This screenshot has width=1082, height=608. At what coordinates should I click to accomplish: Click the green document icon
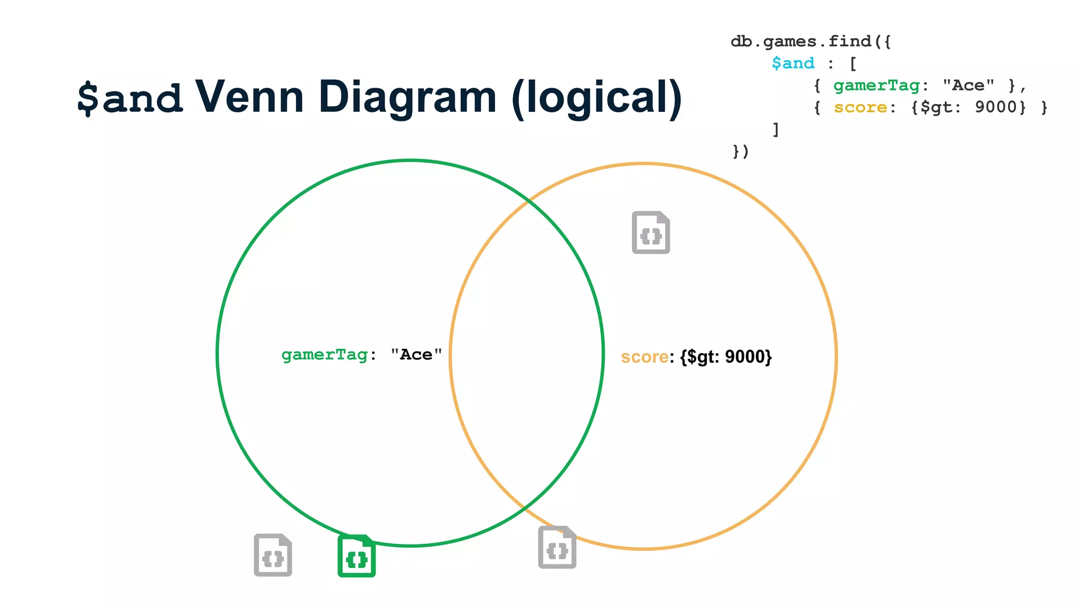[357, 556]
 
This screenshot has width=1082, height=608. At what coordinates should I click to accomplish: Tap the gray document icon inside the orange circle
[651, 233]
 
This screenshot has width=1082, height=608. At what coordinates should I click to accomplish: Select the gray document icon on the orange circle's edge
[557, 547]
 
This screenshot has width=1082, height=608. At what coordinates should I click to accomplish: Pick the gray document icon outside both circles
[273, 555]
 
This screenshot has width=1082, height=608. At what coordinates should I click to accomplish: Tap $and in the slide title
[130, 98]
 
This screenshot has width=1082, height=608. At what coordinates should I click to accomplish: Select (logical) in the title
[596, 98]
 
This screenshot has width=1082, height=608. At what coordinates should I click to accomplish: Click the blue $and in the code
[793, 63]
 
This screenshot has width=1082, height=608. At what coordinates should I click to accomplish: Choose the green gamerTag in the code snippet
[876, 85]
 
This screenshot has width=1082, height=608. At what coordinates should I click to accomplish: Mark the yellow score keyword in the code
[860, 107]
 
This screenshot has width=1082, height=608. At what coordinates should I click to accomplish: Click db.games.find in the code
[800, 41]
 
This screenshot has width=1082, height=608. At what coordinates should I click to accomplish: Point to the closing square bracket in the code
[776, 129]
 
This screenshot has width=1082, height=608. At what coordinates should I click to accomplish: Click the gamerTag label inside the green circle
[324, 355]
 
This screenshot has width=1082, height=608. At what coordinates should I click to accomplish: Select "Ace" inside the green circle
[416, 355]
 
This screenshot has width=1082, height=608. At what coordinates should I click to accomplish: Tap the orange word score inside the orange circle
[645, 357]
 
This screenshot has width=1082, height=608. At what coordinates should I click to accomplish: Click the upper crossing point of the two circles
[528, 201]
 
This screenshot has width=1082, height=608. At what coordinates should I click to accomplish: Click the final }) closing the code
[741, 152]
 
